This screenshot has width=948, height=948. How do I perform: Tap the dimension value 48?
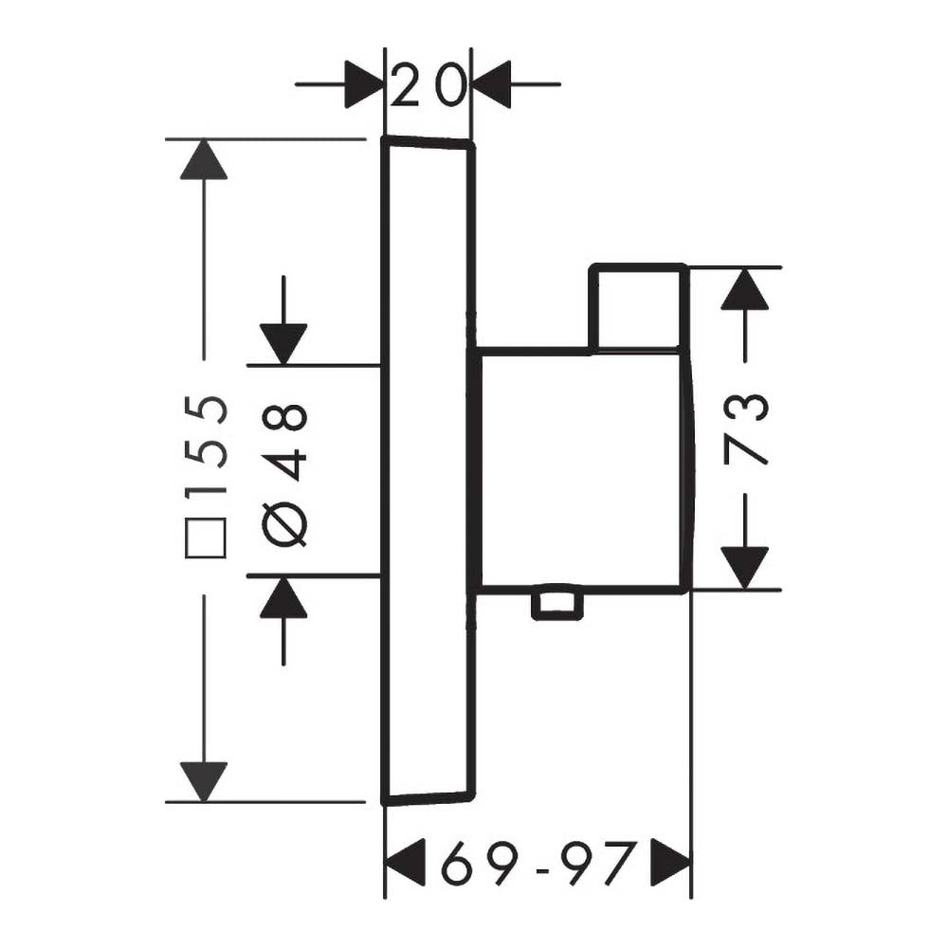coord(285,442)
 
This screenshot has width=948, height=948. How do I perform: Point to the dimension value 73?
coord(745,428)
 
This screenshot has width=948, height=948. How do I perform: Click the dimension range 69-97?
coord(538,863)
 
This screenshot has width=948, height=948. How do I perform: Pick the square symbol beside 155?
coord(206,538)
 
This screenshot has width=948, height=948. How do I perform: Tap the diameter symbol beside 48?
coord(284,523)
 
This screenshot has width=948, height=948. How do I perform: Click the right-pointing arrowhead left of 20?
coord(365,84)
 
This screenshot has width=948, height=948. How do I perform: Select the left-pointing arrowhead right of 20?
coord(491,84)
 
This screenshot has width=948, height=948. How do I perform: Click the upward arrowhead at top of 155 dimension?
coord(204,159)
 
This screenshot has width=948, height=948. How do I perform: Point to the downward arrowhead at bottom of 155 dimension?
coord(204,782)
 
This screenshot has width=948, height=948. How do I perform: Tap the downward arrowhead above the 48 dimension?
coord(283,345)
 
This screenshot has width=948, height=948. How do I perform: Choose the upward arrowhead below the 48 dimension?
coord(283,597)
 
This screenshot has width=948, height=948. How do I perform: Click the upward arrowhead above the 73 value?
coord(745,289)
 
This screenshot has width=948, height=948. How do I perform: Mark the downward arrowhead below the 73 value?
coord(745,568)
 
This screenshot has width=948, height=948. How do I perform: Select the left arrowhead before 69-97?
coord(406,863)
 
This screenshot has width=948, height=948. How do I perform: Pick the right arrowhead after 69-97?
coord(670,863)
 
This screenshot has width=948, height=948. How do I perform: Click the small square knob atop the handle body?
coord(639,308)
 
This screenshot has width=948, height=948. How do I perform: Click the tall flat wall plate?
coord(428,471)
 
